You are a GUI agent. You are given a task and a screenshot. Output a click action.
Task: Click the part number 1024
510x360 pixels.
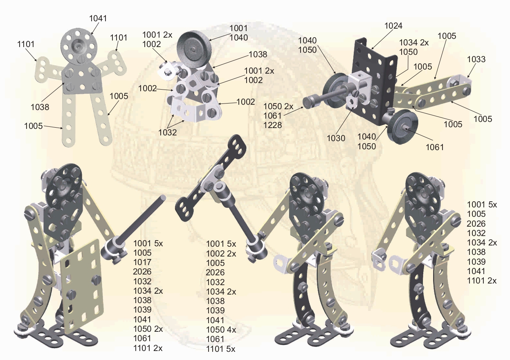click(x=393, y=26)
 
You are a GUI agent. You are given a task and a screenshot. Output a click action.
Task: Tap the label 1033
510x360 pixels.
click(x=476, y=59)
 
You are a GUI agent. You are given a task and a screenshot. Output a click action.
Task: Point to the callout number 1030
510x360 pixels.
click(x=336, y=138)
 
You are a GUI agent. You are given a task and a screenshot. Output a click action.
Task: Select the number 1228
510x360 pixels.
click(x=272, y=125)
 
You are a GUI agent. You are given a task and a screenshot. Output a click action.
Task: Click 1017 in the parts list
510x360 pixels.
click(x=142, y=262)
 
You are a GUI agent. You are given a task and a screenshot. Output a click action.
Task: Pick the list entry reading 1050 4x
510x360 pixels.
click(x=221, y=330)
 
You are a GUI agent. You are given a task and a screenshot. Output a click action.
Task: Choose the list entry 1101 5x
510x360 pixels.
click(x=220, y=349)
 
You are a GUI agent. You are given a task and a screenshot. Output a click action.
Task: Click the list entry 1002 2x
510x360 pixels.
click(x=221, y=254)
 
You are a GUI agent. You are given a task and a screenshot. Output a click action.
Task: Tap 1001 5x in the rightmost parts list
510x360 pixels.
click(x=482, y=205)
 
